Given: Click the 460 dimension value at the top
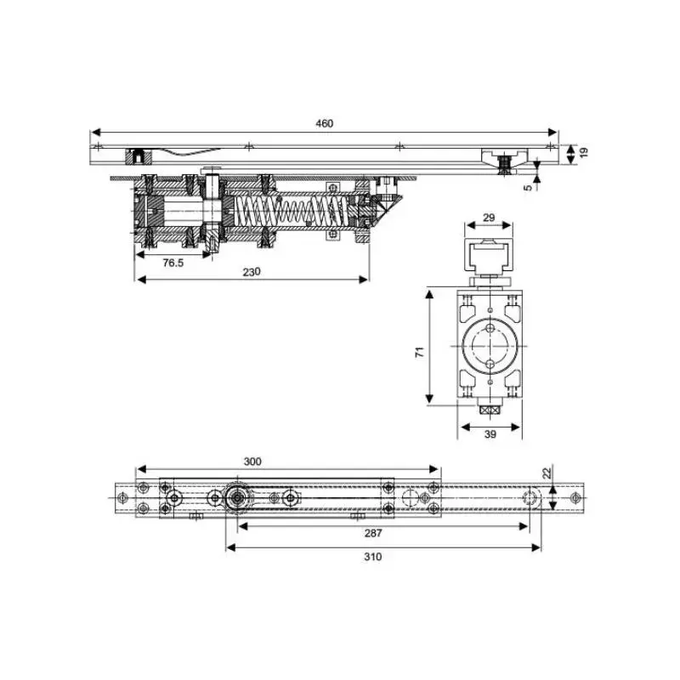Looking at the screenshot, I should point(325,123).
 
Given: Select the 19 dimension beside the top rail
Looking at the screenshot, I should point(583,153).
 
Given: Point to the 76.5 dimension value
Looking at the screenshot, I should point(173,263).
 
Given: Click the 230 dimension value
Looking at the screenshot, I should point(251,272).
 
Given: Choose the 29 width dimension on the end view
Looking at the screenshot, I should point(489,218).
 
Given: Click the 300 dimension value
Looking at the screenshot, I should point(252,461).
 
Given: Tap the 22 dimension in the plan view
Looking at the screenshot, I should point(547,473).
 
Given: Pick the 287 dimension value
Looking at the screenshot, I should point(372,534).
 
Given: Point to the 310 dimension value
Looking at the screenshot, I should point(372,557).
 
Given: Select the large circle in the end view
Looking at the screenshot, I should point(489,348).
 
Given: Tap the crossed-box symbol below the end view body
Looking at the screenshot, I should point(488,410).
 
